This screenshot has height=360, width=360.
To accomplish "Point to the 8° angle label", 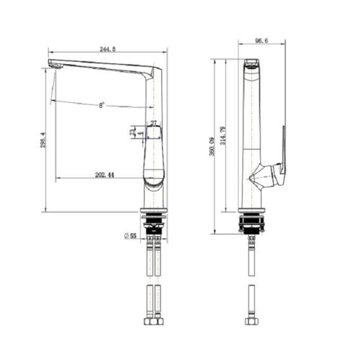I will point(101,105).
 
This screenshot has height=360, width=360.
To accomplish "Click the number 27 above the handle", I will point(153,124).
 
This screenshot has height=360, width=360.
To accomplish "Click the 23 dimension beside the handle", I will point(131,132).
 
